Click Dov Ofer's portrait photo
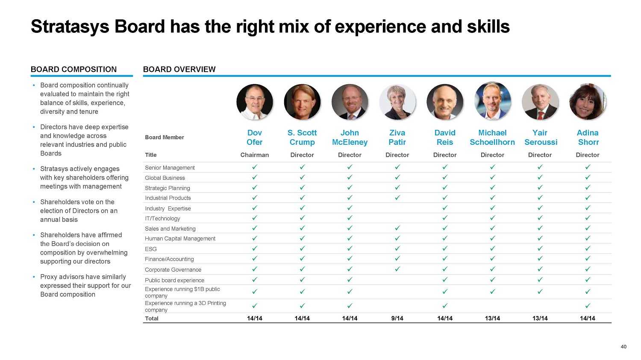(x=255, y=102)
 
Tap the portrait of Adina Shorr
(x=588, y=102)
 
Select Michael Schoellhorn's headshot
(x=492, y=101)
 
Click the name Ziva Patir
(x=397, y=138)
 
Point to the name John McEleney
(x=350, y=138)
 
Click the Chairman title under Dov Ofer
(x=255, y=155)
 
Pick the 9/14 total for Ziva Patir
(x=397, y=318)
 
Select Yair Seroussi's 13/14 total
(x=540, y=318)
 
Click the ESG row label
(x=151, y=249)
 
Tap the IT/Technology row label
(x=162, y=219)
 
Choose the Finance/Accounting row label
(x=169, y=259)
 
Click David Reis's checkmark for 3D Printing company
(x=445, y=306)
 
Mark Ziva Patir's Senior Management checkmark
(x=397, y=167)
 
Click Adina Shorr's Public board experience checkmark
(x=588, y=280)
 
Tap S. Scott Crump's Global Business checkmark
(x=302, y=177)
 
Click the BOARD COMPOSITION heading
(x=74, y=69)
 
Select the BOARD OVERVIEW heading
(x=179, y=69)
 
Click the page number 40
(x=623, y=347)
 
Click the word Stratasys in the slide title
(x=70, y=26)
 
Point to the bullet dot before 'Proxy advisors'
(x=34, y=277)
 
